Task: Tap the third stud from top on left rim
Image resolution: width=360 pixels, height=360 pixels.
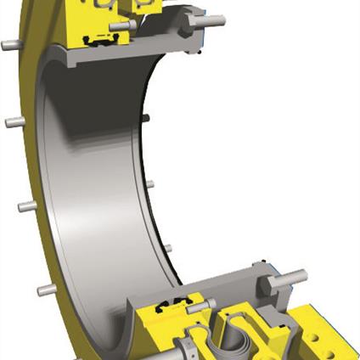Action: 25,205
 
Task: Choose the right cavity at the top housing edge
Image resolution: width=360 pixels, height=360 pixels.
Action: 141,6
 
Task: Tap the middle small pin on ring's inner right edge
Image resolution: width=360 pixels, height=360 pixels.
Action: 150,182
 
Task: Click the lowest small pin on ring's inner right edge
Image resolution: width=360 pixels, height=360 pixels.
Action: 166,248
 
